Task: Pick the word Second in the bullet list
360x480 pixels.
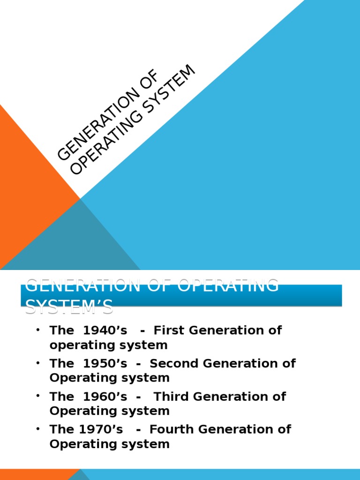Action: click(171, 363)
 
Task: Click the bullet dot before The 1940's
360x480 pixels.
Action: click(38, 330)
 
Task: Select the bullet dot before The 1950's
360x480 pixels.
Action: click(38, 363)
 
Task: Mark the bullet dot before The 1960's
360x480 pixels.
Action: click(38, 397)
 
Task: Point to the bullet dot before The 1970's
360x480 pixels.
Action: click(38, 429)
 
